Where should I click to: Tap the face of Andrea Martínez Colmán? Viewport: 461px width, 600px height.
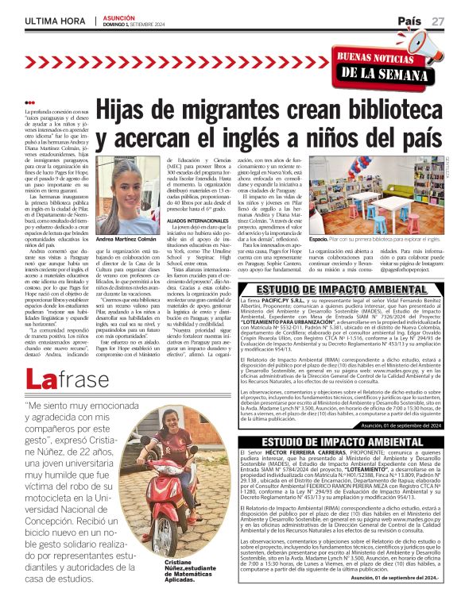[128, 196]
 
